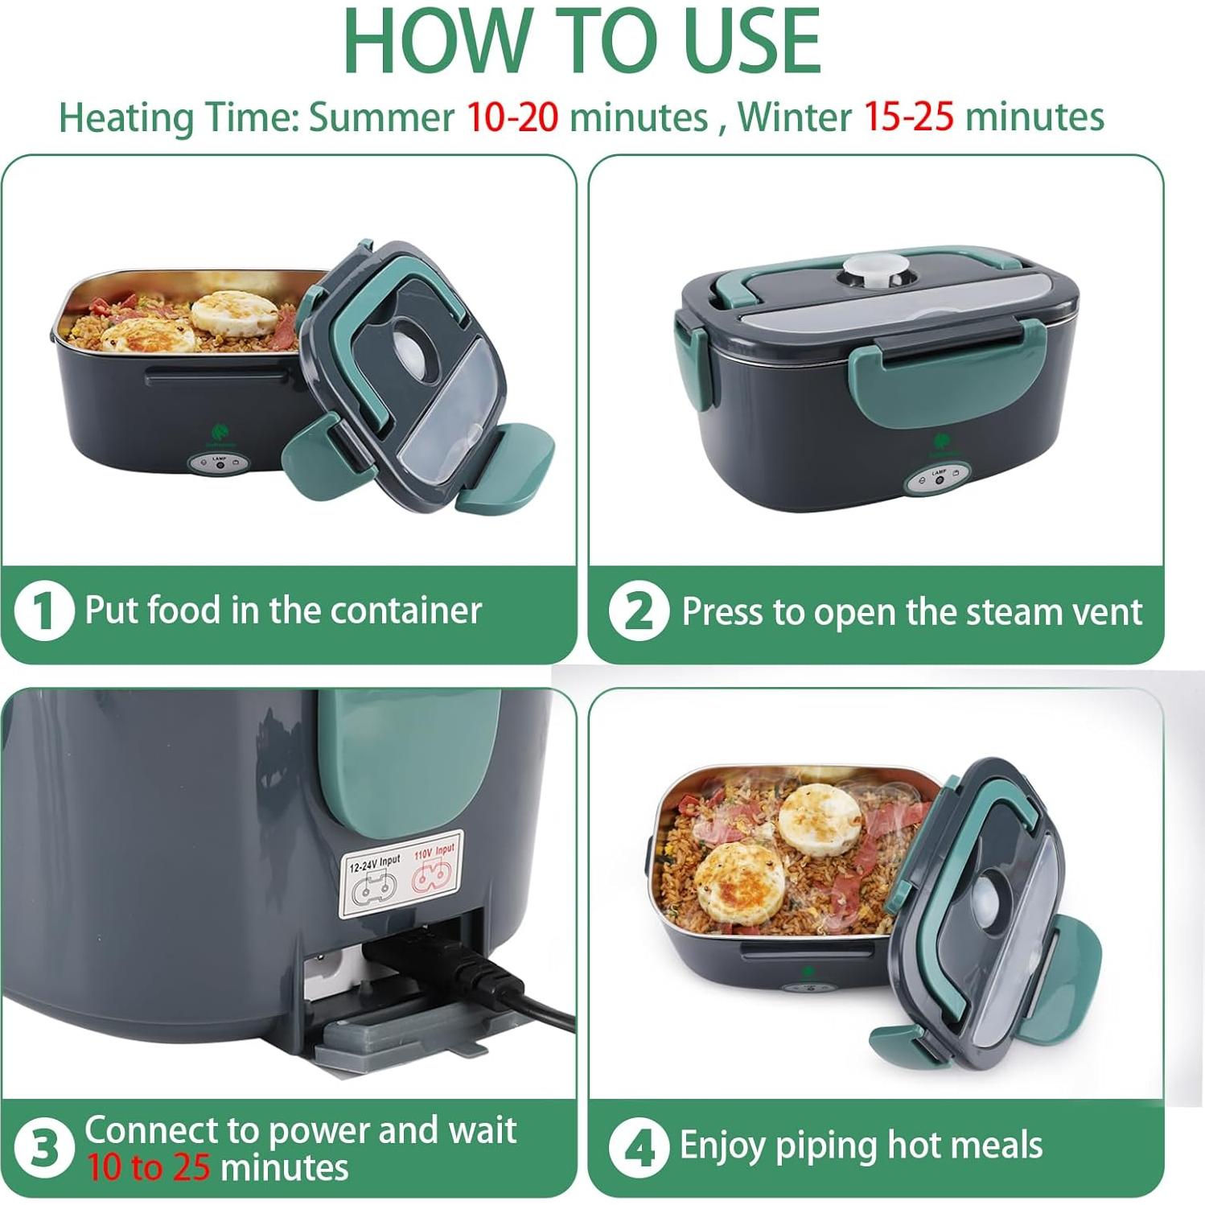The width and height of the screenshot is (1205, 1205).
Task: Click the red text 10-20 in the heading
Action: click(512, 117)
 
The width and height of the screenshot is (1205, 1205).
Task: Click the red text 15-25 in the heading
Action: click(908, 117)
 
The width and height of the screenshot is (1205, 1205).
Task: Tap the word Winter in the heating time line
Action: click(794, 117)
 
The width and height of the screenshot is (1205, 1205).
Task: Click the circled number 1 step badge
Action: click(44, 611)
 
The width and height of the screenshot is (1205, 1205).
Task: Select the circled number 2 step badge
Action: click(639, 612)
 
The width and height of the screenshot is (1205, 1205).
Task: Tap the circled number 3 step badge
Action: click(44, 1148)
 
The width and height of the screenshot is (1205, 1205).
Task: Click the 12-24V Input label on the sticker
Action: click(374, 862)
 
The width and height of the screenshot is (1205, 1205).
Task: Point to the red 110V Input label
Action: click(434, 851)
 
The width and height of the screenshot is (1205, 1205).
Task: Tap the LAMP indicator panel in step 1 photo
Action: click(219, 465)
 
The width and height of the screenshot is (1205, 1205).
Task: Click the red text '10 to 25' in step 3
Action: click(148, 1167)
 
